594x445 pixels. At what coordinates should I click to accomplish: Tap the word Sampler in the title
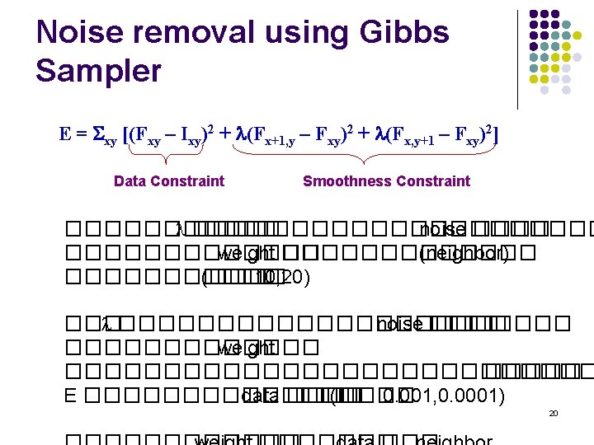(98, 71)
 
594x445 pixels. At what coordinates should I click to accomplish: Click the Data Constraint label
(168, 181)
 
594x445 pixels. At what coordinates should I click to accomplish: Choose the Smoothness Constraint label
(386, 181)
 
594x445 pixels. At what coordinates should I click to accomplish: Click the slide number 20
(554, 413)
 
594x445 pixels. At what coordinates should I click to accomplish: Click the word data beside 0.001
(259, 396)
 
